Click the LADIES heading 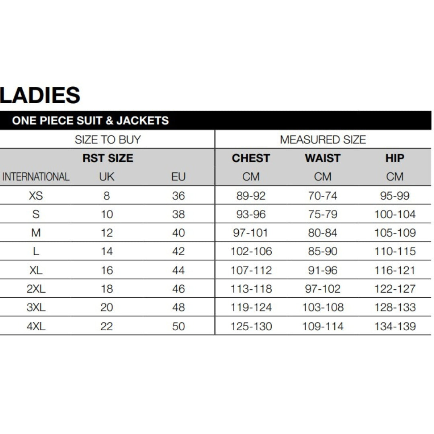[40, 96]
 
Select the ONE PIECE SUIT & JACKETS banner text [90, 121]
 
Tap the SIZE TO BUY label [108, 140]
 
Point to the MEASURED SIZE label [323, 140]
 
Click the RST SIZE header [108, 158]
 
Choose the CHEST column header [251, 158]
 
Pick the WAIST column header [323, 158]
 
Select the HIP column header [395, 158]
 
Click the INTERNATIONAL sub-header [36, 177]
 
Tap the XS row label [36, 196]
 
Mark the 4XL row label [36, 326]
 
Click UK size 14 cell [106, 252]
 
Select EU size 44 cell [178, 270]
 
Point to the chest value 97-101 [251, 233]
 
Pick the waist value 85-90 [323, 252]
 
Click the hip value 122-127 [395, 289]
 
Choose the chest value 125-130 [251, 326]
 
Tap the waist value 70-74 [323, 196]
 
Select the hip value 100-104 [395, 214]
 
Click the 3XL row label [36, 307]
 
